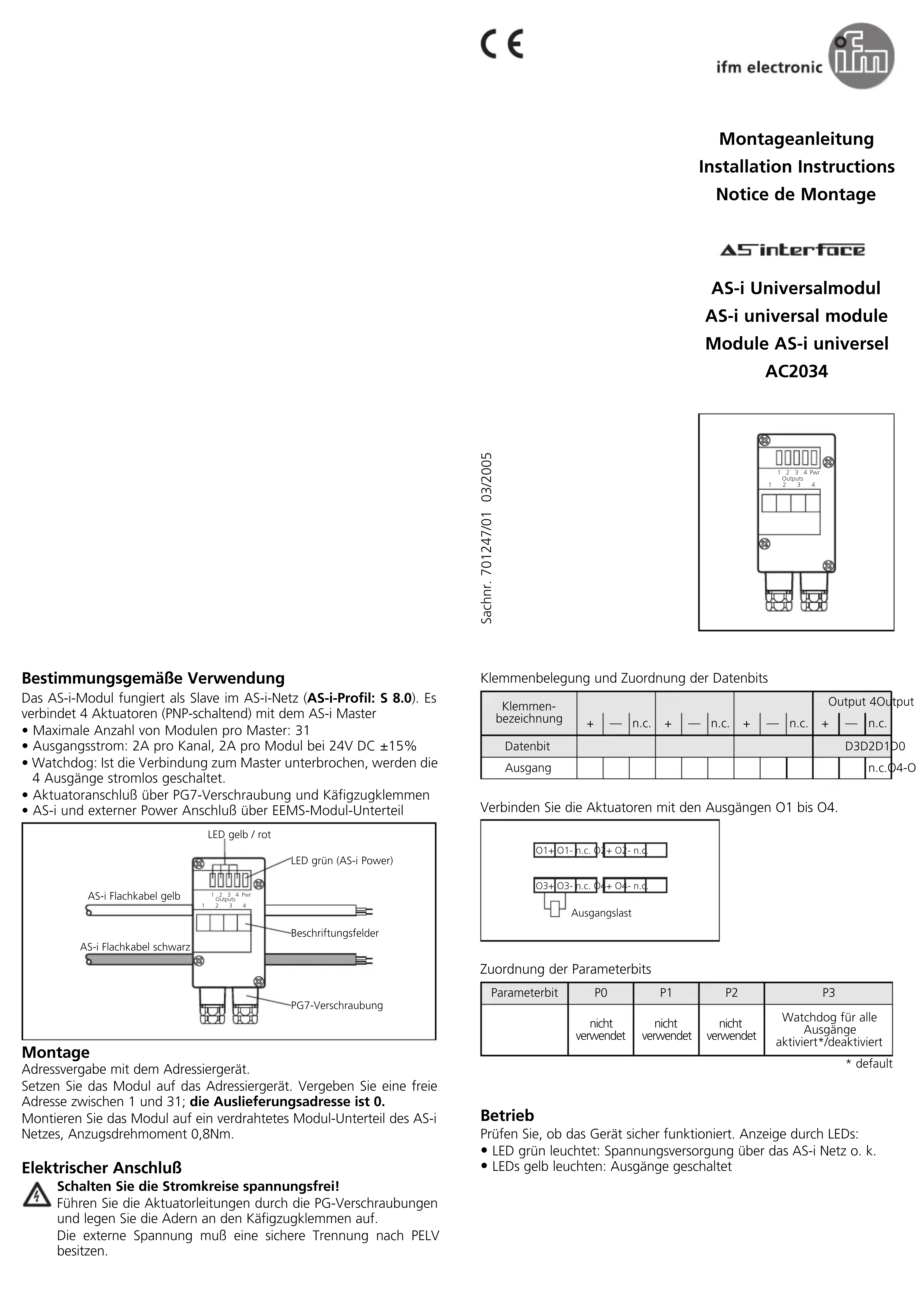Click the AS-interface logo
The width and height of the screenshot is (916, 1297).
[792, 250]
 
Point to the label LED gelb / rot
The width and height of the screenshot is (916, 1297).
[239, 834]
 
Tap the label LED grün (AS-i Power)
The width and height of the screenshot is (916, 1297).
[342, 860]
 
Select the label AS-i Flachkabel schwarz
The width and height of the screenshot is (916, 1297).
[135, 947]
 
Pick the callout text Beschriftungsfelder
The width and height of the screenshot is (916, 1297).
[334, 933]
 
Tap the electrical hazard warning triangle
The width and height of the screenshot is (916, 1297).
[37, 1195]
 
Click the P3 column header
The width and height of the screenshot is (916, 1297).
[828, 993]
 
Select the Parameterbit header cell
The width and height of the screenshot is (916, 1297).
[524, 993]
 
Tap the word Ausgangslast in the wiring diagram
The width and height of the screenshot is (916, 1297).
[601, 913]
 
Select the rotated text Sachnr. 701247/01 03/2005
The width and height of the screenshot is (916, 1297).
[486, 538]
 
